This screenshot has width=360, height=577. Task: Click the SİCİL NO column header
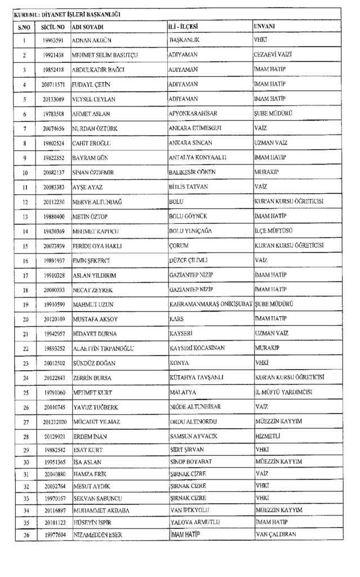53,26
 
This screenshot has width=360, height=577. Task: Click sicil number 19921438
53,55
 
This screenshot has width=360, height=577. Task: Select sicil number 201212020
53,421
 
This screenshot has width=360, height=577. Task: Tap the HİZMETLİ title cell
268,436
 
